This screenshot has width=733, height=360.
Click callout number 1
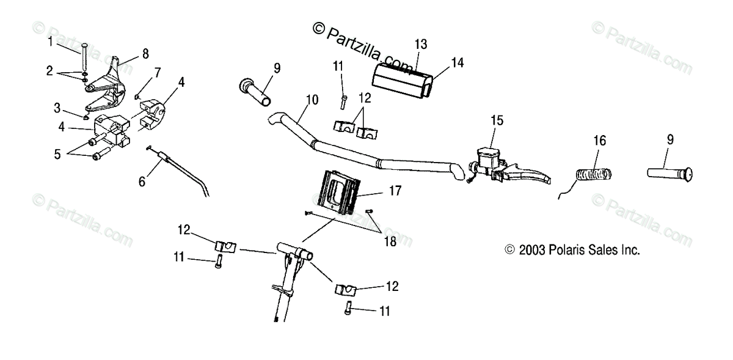[x=51, y=42]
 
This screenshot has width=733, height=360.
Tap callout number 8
[x=145, y=54]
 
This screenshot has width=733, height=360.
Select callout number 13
[x=421, y=45]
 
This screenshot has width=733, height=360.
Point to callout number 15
[x=498, y=120]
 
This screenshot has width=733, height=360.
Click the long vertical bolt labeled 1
[x=84, y=58]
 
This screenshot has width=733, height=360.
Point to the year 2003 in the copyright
[x=530, y=250]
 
